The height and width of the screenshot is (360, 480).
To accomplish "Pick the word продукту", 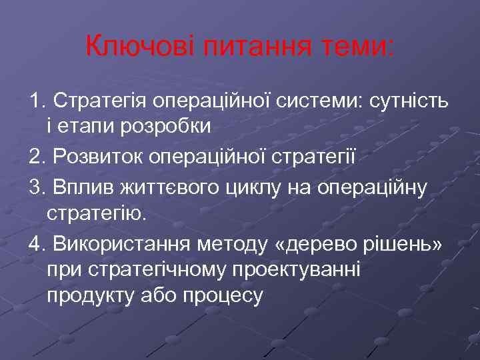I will click(86, 294).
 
